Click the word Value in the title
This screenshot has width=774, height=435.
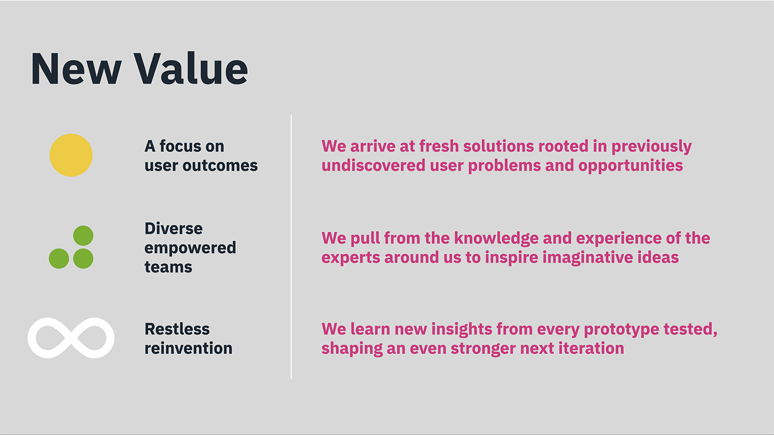point(191,69)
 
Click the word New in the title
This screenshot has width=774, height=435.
point(76,69)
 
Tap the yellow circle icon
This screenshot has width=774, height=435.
point(71,155)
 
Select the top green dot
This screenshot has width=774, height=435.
point(83,236)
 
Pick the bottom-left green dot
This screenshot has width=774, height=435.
point(59,258)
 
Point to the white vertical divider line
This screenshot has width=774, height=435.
point(291,247)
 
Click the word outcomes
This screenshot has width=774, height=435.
point(220,165)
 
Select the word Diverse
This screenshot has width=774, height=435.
point(173,229)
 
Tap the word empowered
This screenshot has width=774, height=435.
point(190,248)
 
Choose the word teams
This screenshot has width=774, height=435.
point(168,267)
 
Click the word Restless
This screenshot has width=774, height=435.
point(177,329)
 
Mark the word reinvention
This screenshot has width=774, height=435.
point(188,348)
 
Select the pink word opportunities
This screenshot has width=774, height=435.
point(631,165)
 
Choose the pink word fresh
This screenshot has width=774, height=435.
point(439,146)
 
